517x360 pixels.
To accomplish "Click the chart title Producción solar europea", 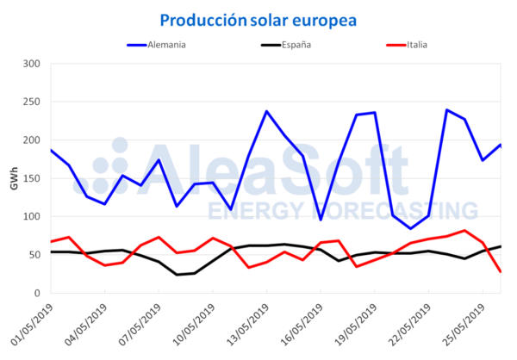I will [x=258, y=18].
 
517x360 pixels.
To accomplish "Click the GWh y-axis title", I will [x=12, y=178].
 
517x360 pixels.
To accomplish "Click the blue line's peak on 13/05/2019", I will [x=266, y=111].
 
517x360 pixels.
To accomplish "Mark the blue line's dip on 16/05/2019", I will [x=321, y=220].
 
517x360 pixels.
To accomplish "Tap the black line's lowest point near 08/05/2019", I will [x=177, y=275].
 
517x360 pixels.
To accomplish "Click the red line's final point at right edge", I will [x=501, y=272].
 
